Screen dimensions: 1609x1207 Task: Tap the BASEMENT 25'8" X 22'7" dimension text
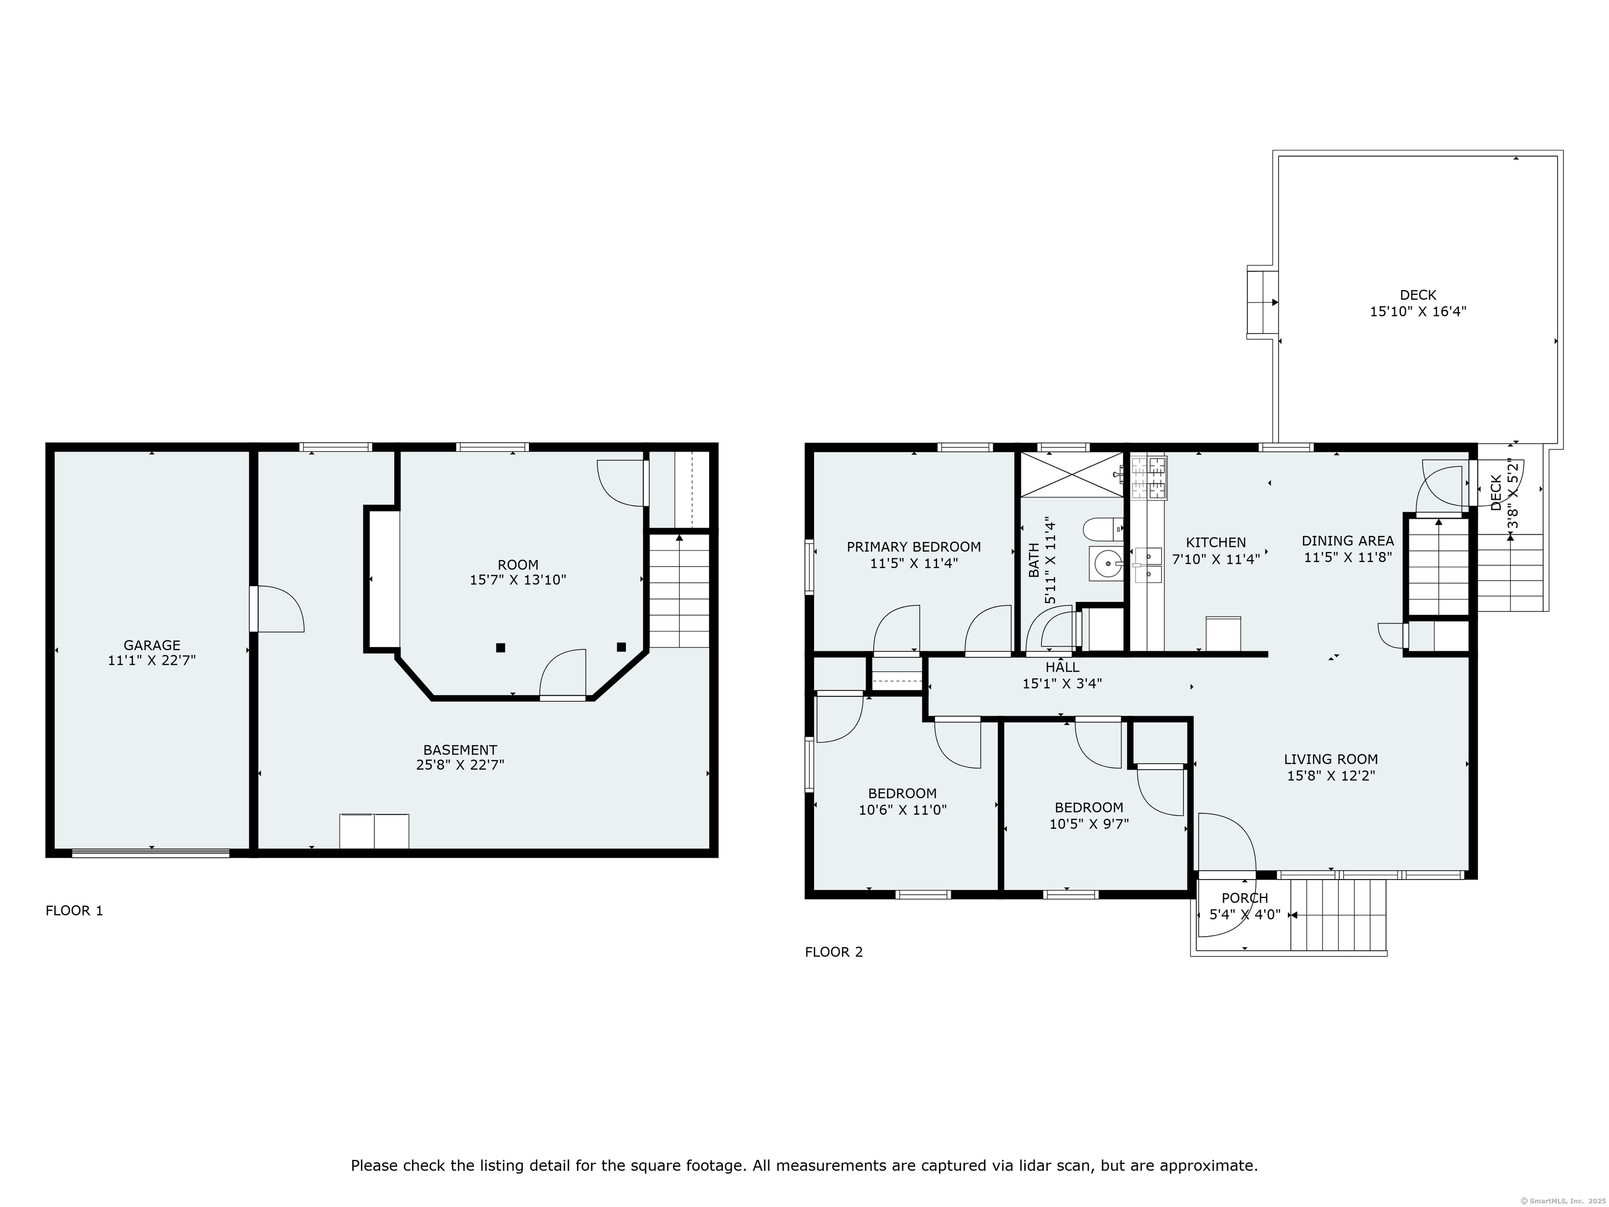[x=460, y=765]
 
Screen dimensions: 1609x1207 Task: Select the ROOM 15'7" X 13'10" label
[x=518, y=573]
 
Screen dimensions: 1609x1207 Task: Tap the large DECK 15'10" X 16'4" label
[x=1418, y=303]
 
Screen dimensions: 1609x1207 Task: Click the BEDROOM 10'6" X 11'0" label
[x=902, y=802]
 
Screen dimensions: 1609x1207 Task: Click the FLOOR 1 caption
[x=74, y=911]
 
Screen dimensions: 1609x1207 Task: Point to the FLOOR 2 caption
[x=834, y=952]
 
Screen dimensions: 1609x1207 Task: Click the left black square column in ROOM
[x=500, y=648]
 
